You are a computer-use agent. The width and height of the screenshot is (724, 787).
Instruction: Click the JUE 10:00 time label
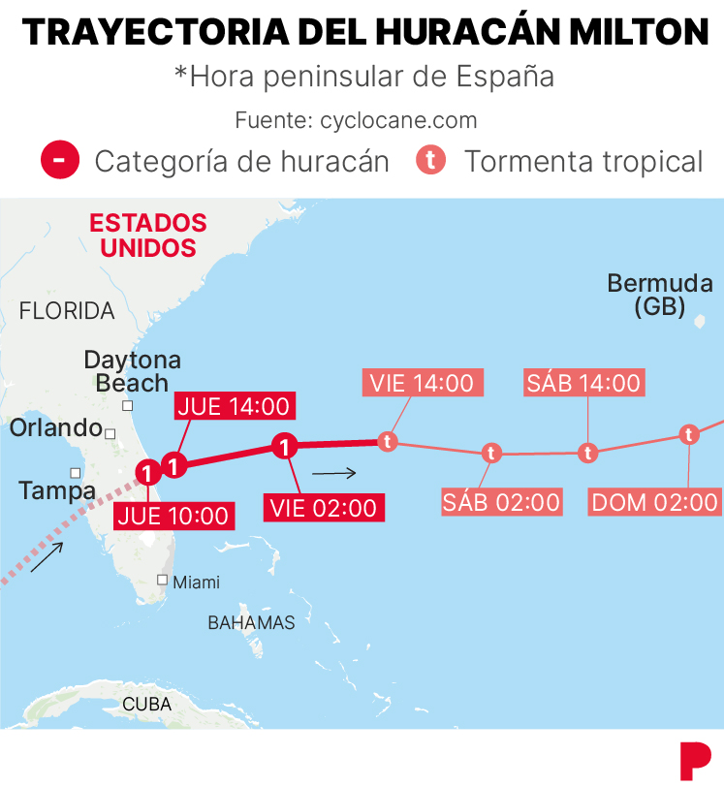click(174, 515)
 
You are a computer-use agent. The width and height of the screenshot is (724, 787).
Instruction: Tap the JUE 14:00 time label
click(233, 406)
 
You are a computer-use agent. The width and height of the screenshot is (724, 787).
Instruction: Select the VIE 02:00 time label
click(323, 507)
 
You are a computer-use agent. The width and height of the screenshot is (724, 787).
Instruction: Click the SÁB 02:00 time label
click(501, 501)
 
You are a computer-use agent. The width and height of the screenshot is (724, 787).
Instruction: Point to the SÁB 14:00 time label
click(583, 383)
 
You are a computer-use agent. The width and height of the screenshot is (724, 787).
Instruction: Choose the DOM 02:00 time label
click(655, 501)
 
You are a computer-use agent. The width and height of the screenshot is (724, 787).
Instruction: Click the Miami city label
click(196, 582)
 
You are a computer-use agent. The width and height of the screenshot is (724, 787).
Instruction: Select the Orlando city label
click(56, 427)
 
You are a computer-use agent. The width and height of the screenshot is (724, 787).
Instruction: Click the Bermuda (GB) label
click(659, 295)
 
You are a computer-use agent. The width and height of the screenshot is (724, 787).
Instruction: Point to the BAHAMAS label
click(251, 623)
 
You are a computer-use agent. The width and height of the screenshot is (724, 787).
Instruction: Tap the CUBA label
click(146, 705)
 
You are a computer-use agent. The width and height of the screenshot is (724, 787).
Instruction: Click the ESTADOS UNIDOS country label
click(148, 235)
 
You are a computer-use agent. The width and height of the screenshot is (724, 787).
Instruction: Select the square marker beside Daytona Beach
click(127, 406)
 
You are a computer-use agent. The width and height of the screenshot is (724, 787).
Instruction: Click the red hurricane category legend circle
click(59, 160)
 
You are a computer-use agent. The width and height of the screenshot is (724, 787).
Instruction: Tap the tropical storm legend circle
click(430, 160)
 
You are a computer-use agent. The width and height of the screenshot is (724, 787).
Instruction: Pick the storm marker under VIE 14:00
click(388, 442)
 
